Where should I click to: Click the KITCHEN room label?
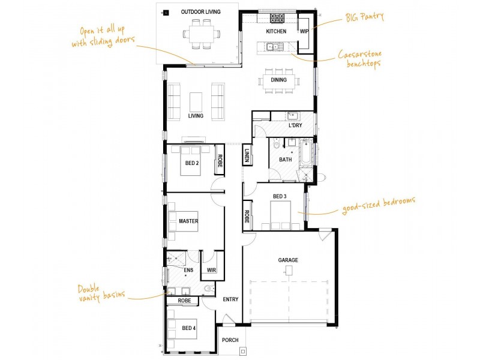click(x=276, y=31)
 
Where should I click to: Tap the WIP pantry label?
click(x=304, y=31)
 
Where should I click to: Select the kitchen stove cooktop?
click(x=277, y=18)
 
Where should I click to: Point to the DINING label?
click(x=278, y=80)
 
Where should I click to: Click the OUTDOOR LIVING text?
click(x=201, y=12)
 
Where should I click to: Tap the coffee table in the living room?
click(x=196, y=102)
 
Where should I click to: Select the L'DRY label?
click(x=295, y=125)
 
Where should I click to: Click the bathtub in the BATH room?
click(x=306, y=152)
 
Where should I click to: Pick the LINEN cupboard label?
click(x=247, y=155)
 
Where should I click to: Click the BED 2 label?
click(x=192, y=163)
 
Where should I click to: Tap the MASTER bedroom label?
click(x=188, y=221)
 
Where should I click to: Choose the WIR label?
click(x=212, y=270)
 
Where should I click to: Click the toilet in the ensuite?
click(x=208, y=288)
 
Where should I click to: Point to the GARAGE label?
click(x=288, y=260)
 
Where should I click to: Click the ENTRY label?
click(x=230, y=299)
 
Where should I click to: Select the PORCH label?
click(x=230, y=340)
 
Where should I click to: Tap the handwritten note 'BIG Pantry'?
click(x=365, y=17)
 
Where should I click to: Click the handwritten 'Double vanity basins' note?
click(x=101, y=293)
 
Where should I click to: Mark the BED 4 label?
click(x=188, y=328)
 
